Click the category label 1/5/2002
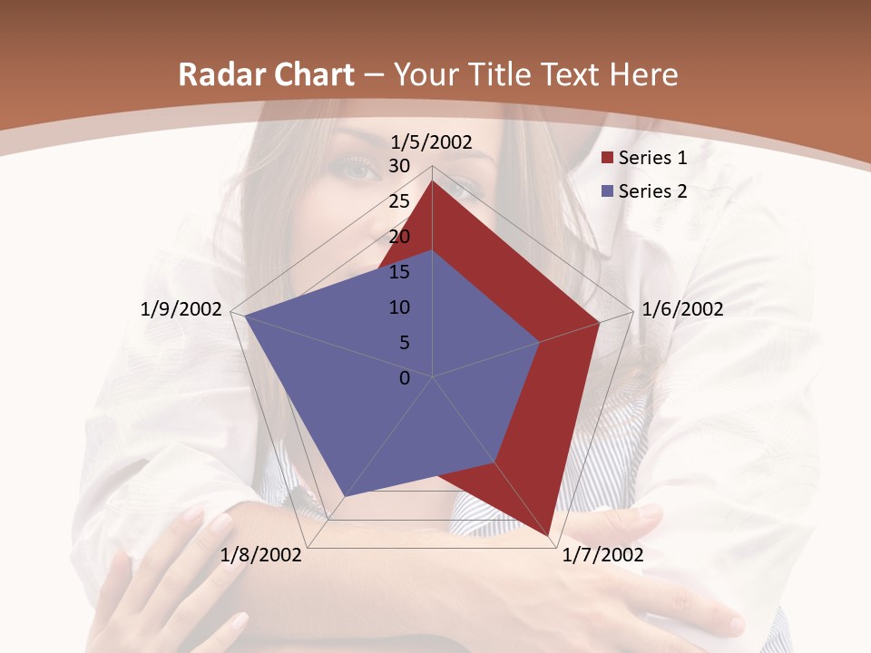point(432,141)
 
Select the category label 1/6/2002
point(682,309)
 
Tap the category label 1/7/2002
point(602,555)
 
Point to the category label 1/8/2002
point(261,555)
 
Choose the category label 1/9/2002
point(181,309)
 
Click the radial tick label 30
point(399,166)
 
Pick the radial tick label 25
point(399,201)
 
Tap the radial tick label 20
point(399,237)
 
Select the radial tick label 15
point(399,272)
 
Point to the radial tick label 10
point(399,307)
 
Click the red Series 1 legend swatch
point(608,158)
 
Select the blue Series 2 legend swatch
point(608,190)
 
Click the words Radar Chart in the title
point(266,75)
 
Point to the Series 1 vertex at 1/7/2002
point(548,536)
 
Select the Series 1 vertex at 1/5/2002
point(433,180)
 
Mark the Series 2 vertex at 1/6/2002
point(540,342)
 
